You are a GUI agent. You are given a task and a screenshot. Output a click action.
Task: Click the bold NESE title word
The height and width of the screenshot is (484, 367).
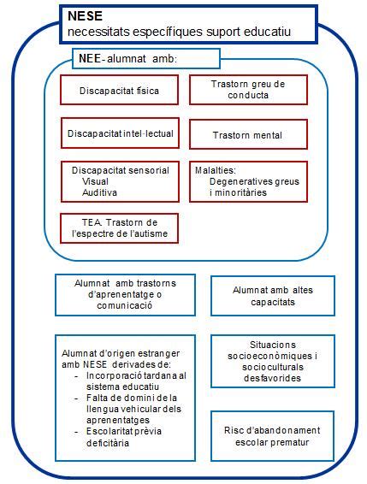click(x=85, y=15)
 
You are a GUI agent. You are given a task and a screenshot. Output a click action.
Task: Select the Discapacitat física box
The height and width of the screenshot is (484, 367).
click(x=119, y=90)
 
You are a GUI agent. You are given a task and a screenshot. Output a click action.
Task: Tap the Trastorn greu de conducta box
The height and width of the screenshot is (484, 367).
click(x=248, y=90)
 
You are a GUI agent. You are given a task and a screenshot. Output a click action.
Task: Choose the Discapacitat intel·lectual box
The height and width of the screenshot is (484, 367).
click(x=120, y=133)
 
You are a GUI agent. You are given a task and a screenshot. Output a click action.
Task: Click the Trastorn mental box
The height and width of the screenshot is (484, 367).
click(x=248, y=134)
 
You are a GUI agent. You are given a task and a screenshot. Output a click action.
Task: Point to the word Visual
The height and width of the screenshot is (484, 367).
click(x=95, y=181)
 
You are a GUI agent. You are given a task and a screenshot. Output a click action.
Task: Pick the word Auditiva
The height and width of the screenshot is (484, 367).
click(x=99, y=192)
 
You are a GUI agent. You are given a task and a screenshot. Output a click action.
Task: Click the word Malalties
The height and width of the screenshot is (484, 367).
click(x=215, y=170)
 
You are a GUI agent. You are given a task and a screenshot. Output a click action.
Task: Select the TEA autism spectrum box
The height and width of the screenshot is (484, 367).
click(x=119, y=228)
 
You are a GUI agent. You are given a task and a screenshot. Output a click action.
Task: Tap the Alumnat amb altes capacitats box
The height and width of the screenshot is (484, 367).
click(x=273, y=296)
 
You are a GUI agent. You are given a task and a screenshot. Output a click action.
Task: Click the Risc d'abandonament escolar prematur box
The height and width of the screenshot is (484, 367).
click(x=272, y=436)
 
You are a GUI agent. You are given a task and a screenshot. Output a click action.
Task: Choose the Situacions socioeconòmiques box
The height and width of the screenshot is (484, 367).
click(x=273, y=361)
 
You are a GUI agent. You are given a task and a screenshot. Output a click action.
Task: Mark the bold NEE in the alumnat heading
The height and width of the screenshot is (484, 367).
click(x=90, y=58)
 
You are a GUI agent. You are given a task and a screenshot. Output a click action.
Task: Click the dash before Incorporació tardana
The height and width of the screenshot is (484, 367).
click(x=76, y=376)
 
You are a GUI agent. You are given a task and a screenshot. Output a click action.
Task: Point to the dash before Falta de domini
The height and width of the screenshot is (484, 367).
click(x=76, y=398)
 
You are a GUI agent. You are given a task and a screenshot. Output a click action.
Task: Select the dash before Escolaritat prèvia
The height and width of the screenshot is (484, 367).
click(x=76, y=432)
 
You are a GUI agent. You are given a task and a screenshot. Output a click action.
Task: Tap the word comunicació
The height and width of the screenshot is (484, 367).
click(x=125, y=305)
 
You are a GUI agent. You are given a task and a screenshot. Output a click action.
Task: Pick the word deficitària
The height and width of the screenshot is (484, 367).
click(x=108, y=443)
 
